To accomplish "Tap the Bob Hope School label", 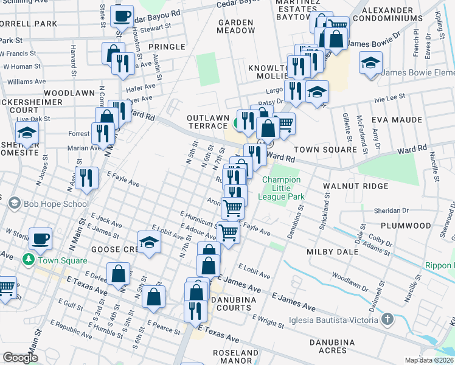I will [x=56, y=204].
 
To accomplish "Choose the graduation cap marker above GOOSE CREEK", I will [x=149, y=243].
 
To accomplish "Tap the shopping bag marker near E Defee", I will [x=119, y=273].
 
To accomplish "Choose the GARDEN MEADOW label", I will [x=235, y=26].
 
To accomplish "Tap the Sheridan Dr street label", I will [x=408, y=210].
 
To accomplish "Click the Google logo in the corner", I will [x=21, y=358].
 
